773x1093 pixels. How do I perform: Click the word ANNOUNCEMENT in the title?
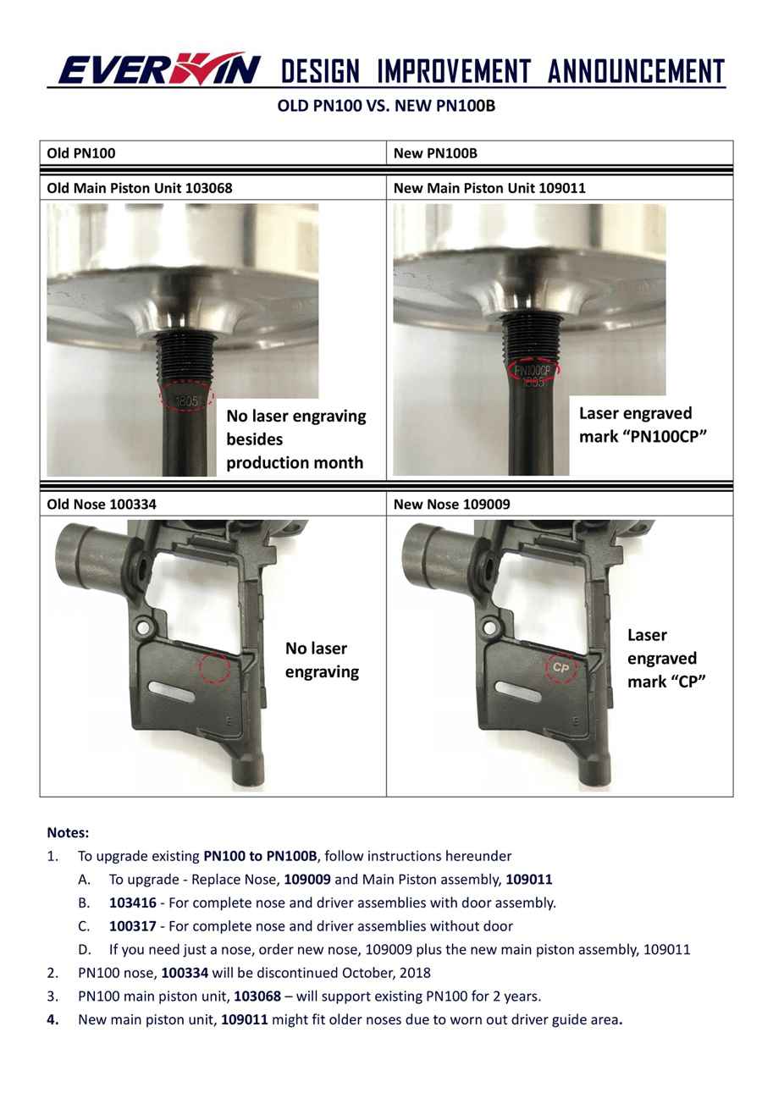[636, 72]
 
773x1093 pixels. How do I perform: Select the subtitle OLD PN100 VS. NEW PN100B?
[386, 107]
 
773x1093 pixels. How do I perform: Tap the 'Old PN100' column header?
[81, 153]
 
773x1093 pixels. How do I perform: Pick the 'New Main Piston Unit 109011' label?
[489, 188]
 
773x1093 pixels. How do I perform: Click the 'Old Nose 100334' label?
[102, 505]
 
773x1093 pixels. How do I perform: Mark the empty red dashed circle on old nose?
[215, 667]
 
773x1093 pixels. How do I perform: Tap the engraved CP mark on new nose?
[561, 667]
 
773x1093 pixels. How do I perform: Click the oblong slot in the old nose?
[172, 692]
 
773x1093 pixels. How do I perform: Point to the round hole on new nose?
[489, 628]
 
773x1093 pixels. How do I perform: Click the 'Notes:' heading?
[68, 833]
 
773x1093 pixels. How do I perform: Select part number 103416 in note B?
[132, 903]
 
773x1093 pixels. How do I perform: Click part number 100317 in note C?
[132, 926]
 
